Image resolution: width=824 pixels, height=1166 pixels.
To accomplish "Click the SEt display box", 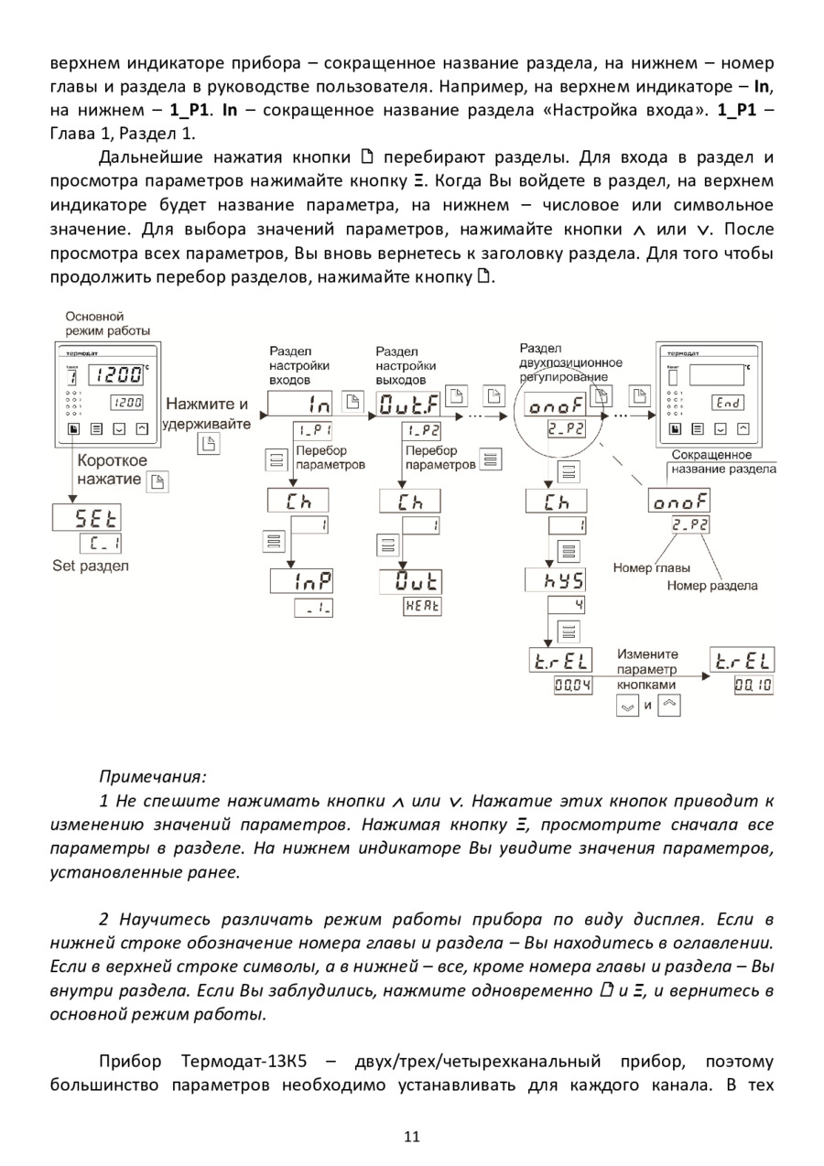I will tap(89, 517).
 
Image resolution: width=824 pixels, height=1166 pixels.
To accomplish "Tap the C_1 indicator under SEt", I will tap(106, 544).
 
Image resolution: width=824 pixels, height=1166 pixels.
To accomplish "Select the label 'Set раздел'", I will tap(91, 566).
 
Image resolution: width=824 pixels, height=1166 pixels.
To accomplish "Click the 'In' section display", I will tap(301, 404).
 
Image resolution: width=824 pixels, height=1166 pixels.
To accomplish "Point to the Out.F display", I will tap(408, 404).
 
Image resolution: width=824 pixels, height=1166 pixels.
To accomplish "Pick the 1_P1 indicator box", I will tap(313, 430).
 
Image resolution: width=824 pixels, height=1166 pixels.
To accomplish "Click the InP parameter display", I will tap(301, 581).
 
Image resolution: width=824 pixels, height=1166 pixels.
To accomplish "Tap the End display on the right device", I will tap(728, 402).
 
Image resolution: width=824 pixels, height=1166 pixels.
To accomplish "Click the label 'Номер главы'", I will tap(651, 567).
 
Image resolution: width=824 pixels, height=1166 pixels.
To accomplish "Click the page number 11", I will tap(411, 1137).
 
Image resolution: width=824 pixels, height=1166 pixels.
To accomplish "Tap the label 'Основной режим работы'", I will tap(108, 323).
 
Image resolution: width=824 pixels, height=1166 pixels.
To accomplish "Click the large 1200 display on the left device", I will tap(119, 373).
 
